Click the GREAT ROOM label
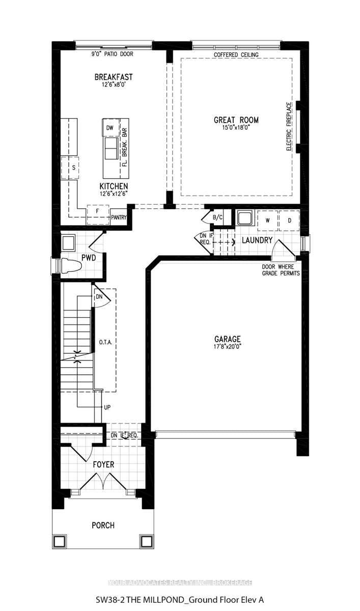[x=236, y=120]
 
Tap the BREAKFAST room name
[x=114, y=77]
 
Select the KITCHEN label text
[x=114, y=186]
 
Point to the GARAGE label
[x=227, y=339]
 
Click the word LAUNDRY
[x=257, y=240]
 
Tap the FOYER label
[x=103, y=464]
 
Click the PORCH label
[x=103, y=525]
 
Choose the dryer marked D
[x=289, y=220]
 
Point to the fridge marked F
[x=97, y=211]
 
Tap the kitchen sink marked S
[x=74, y=167]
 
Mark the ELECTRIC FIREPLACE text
[x=289, y=126]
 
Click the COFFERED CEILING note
[x=236, y=54]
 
